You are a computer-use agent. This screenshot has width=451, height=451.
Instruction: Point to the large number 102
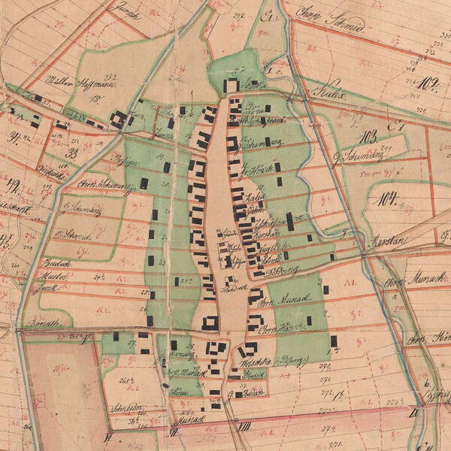tap(429, 83)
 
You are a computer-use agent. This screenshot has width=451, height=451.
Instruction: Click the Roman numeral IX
tap(413, 411)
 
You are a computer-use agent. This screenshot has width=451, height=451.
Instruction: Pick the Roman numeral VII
tap(174, 431)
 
